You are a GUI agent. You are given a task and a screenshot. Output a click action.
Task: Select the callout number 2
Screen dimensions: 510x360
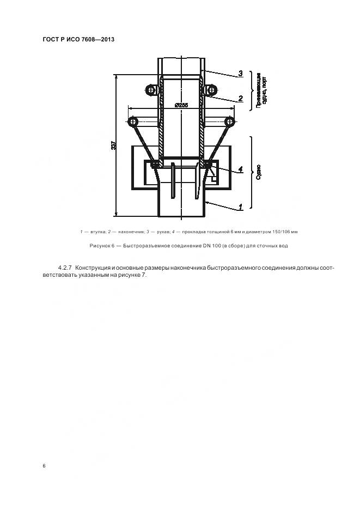[240, 99]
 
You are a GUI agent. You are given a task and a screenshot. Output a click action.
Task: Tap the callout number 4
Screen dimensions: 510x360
[240, 169]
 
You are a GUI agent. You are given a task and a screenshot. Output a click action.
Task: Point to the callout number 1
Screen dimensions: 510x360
[240, 207]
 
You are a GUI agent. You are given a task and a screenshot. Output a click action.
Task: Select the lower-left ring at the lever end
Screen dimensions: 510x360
[132, 120]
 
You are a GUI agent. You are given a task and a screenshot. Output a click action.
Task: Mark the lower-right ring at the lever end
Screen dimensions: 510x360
[230, 120]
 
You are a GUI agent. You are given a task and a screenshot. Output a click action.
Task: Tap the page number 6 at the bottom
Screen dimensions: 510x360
[44, 466]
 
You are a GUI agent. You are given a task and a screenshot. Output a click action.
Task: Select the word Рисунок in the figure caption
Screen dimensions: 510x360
[102, 246]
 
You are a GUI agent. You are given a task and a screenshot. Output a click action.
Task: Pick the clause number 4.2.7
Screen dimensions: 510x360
[65, 268]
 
